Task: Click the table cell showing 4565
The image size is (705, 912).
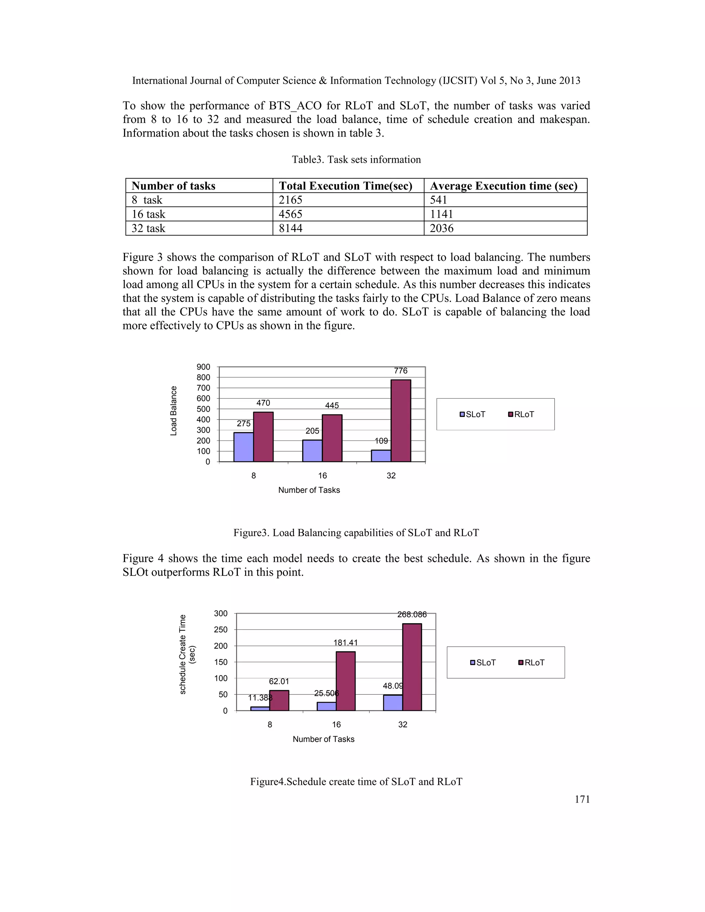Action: (x=291, y=214)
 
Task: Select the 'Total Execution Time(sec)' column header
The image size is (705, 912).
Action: (x=345, y=186)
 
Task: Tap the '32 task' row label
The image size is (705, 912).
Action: (x=149, y=229)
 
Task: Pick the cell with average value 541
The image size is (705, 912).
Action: (x=439, y=200)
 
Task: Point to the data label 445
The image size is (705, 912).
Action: (x=332, y=405)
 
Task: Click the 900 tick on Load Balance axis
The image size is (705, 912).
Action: (x=203, y=367)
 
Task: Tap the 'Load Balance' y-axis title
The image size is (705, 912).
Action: (x=174, y=411)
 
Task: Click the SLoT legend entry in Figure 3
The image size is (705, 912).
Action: (x=473, y=414)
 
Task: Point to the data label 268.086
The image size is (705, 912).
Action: (x=412, y=614)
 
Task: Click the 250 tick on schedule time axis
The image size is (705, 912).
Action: (x=221, y=629)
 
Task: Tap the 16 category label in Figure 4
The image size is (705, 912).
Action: (x=336, y=724)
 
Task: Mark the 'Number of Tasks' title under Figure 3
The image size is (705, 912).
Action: (x=309, y=490)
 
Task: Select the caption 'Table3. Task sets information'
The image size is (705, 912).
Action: (x=356, y=160)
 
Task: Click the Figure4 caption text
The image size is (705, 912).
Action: (x=356, y=781)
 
